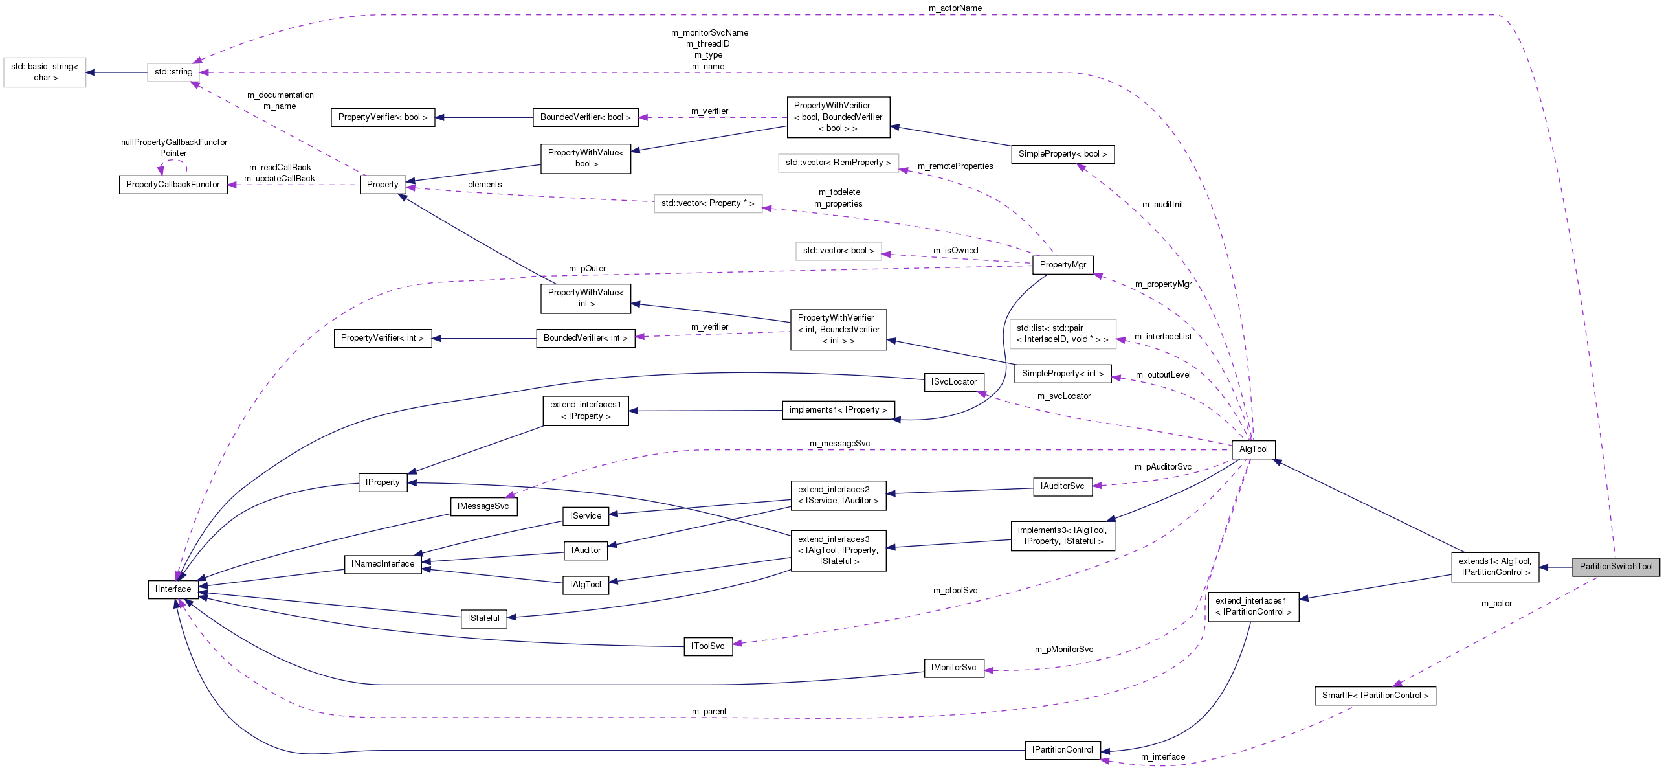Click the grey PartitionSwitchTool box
(1615, 567)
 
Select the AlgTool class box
(1253, 449)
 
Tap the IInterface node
(173, 589)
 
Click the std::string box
(173, 72)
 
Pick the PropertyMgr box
(1063, 265)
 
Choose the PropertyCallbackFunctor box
(173, 185)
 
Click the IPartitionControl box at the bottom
(1062, 750)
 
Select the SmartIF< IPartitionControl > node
(1375, 696)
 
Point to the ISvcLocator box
(953, 382)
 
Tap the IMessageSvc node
(483, 506)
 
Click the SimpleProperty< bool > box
(1062, 154)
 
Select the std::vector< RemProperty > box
(838, 163)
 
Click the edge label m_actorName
(955, 8)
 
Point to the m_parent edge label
(709, 712)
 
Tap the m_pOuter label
(587, 269)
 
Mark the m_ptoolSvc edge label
(955, 591)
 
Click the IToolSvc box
(707, 646)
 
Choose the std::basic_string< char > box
(45, 72)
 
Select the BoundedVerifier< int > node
(585, 338)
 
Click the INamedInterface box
(383, 564)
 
